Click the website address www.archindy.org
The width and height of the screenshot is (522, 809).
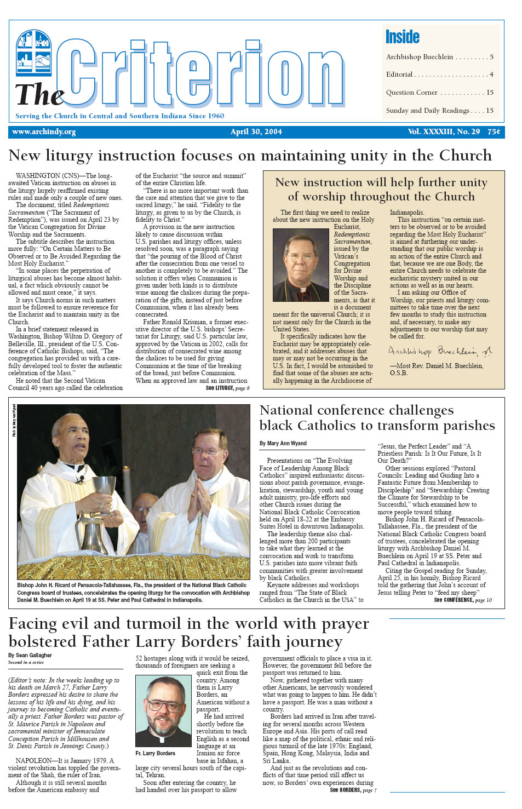point(44,132)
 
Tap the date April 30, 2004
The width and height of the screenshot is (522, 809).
point(256,132)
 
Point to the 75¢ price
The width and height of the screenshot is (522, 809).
point(494,132)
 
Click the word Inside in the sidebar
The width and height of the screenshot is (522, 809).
point(403,37)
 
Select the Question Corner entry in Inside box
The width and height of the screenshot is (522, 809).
point(412,93)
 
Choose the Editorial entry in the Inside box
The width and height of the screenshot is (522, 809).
point(399,74)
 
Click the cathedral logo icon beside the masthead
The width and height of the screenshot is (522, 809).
point(34,53)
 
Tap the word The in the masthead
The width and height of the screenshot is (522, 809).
point(38,95)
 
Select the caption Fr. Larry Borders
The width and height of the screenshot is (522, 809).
point(156,754)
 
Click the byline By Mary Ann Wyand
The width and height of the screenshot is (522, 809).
point(283,443)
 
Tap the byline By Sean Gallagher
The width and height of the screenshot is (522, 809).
point(30,655)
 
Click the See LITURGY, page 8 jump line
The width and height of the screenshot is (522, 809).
point(227,388)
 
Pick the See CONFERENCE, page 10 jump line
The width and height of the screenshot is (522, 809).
point(463,600)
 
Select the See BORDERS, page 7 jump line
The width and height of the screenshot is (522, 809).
point(353,790)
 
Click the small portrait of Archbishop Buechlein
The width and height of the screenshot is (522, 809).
point(301,265)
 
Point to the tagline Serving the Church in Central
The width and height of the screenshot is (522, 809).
point(119,116)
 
